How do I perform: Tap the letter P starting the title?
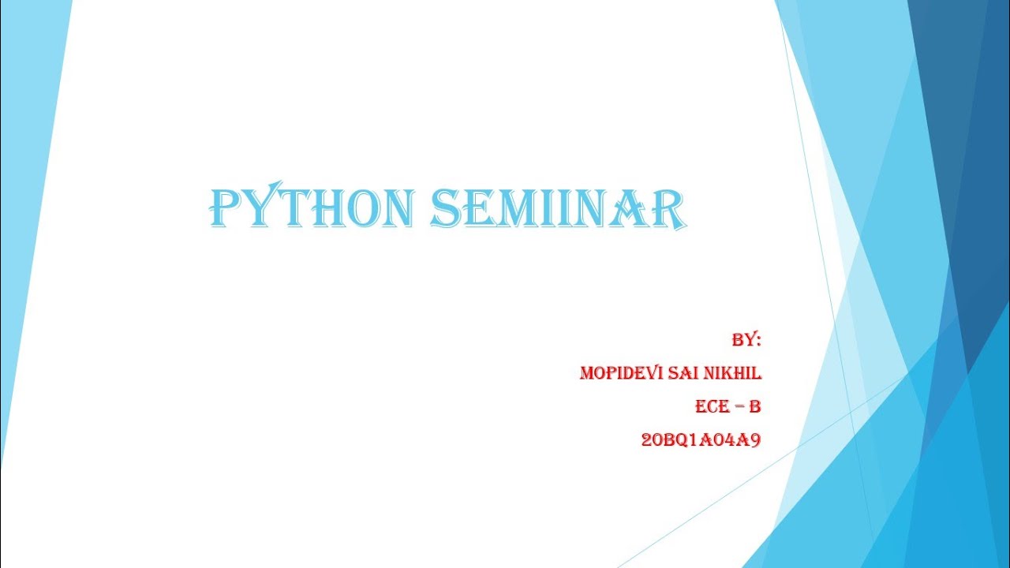224,208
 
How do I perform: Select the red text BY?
746,340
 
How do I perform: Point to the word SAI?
683,373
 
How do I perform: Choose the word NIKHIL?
734,373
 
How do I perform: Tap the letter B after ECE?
754,407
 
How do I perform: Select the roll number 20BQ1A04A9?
701,440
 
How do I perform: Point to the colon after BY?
758,342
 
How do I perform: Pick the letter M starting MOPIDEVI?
587,373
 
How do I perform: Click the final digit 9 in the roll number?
755,440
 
